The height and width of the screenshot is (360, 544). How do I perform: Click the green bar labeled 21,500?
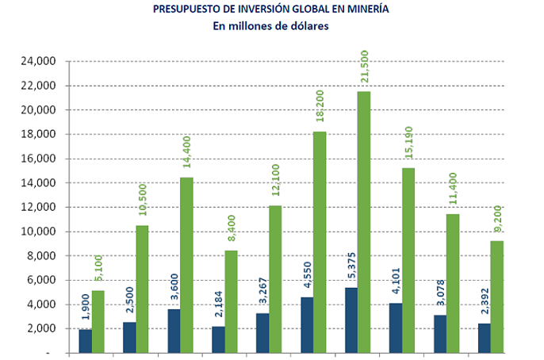click(x=363, y=222)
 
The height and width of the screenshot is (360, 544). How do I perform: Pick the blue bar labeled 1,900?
click(x=85, y=341)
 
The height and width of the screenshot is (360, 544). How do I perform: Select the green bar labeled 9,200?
click(x=497, y=297)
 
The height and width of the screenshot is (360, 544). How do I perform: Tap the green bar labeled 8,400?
click(x=231, y=301)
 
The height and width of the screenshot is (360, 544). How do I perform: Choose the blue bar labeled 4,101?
click(x=396, y=327)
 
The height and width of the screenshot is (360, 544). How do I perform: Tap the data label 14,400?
click(x=187, y=156)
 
